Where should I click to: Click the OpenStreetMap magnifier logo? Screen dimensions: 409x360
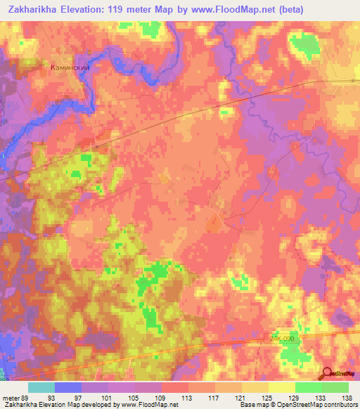click(x=328, y=375)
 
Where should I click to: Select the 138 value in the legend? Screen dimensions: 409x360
click(x=347, y=396)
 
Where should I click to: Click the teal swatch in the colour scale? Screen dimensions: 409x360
click(x=41, y=387)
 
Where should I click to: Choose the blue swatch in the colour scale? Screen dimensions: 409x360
click(x=67, y=387)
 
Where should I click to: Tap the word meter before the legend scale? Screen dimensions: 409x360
click(x=10, y=396)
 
